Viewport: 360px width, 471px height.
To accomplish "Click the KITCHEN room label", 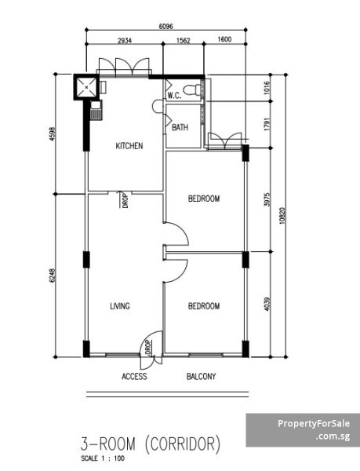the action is pos(129,146).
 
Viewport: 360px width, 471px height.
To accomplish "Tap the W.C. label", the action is pos(174,96).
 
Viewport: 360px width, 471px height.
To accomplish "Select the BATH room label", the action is pos(180,128).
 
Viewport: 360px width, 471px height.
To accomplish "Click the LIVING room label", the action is pos(120,306).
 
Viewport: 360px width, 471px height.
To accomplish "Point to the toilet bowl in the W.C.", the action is pos(192,89).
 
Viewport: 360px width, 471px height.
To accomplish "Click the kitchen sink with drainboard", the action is pos(96,111).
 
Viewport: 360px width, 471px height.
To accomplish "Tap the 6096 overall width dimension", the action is pos(166,27).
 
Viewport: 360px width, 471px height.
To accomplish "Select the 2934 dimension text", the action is pos(125,40).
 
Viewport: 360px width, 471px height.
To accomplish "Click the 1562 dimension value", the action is pos(184,40).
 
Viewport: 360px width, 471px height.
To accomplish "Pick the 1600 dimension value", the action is pos(224,39).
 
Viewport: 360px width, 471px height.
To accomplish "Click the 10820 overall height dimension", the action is pos(282,216).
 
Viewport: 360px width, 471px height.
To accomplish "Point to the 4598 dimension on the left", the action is pos(53,134).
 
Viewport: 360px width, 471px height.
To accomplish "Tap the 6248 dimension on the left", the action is pos(53,276).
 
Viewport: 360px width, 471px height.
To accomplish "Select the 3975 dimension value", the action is pos(267,199).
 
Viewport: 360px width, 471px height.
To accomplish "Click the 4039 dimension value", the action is pos(267,304).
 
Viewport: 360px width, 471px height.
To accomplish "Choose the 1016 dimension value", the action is pos(267,88).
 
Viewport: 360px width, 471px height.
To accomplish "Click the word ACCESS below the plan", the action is pos(134,376).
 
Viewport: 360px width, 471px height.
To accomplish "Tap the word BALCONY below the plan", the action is pos(202,376).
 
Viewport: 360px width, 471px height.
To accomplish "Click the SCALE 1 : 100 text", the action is pos(103,458).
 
